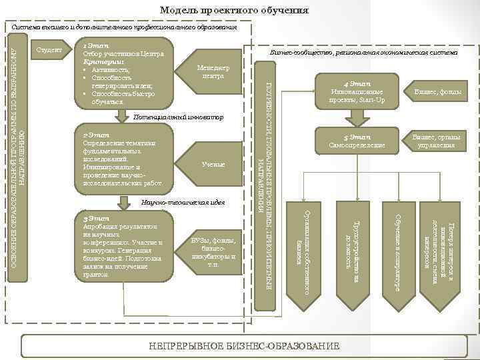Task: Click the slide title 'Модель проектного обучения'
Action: click(234, 11)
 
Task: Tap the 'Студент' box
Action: click(49, 50)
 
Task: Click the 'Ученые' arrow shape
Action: click(212, 164)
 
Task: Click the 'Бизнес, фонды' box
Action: click(437, 91)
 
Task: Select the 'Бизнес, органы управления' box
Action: click(437, 141)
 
